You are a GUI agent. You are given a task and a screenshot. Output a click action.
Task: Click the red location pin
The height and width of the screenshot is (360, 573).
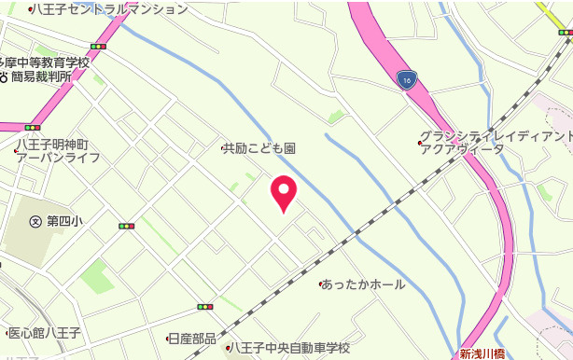point(284,192)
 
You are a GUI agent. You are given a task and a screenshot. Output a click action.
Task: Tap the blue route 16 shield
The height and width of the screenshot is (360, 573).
point(406,80)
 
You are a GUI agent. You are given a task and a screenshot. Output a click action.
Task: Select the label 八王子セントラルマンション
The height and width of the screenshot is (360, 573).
point(112,9)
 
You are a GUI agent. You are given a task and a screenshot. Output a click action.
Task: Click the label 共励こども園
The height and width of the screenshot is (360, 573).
point(262,148)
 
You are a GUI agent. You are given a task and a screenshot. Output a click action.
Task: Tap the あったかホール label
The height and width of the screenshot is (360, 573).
point(365,284)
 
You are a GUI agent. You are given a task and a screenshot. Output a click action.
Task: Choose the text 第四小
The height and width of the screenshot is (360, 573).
point(64,221)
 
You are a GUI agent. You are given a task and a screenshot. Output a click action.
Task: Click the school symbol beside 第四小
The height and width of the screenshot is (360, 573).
point(35,221)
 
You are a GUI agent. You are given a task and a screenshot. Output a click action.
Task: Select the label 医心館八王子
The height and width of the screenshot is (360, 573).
point(44,332)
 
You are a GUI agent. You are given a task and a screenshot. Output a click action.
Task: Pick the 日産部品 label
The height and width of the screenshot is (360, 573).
point(193,338)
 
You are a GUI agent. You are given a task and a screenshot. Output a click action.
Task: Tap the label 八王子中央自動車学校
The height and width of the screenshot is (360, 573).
point(290,348)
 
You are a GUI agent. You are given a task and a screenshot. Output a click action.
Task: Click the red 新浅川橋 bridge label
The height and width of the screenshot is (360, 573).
point(482,353)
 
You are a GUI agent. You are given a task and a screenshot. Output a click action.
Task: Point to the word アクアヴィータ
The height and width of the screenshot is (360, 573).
point(462,148)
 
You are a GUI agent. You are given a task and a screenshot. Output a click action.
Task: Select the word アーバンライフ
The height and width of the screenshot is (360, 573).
point(58,158)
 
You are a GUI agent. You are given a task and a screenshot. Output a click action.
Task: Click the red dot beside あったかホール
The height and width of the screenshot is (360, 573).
point(321,284)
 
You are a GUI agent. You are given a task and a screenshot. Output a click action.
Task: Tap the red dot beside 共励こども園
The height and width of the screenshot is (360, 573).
point(223,148)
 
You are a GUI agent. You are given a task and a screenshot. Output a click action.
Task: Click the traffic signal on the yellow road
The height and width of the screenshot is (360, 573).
point(565,33)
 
